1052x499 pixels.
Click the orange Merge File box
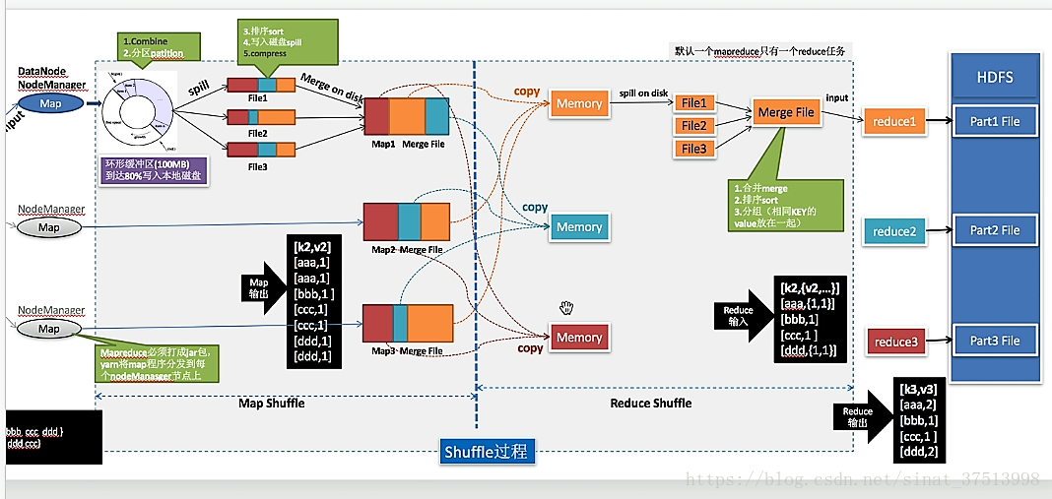click(786, 112)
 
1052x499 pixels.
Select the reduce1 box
click(893, 122)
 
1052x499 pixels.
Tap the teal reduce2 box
click(893, 231)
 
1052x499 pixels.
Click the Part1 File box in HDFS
click(994, 121)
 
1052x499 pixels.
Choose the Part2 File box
click(994, 230)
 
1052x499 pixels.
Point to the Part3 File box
click(994, 341)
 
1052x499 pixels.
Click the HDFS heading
click(994, 77)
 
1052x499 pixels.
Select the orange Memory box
click(578, 103)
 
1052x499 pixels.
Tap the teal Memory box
click(578, 226)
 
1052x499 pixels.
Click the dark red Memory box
click(578, 338)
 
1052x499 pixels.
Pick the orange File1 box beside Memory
click(693, 103)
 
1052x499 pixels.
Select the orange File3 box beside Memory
click(693, 149)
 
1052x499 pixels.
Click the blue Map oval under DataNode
click(50, 103)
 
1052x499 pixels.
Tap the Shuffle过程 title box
click(486, 452)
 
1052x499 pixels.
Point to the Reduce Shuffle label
click(651, 403)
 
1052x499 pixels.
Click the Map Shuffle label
click(272, 403)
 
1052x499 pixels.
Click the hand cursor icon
click(565, 308)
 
